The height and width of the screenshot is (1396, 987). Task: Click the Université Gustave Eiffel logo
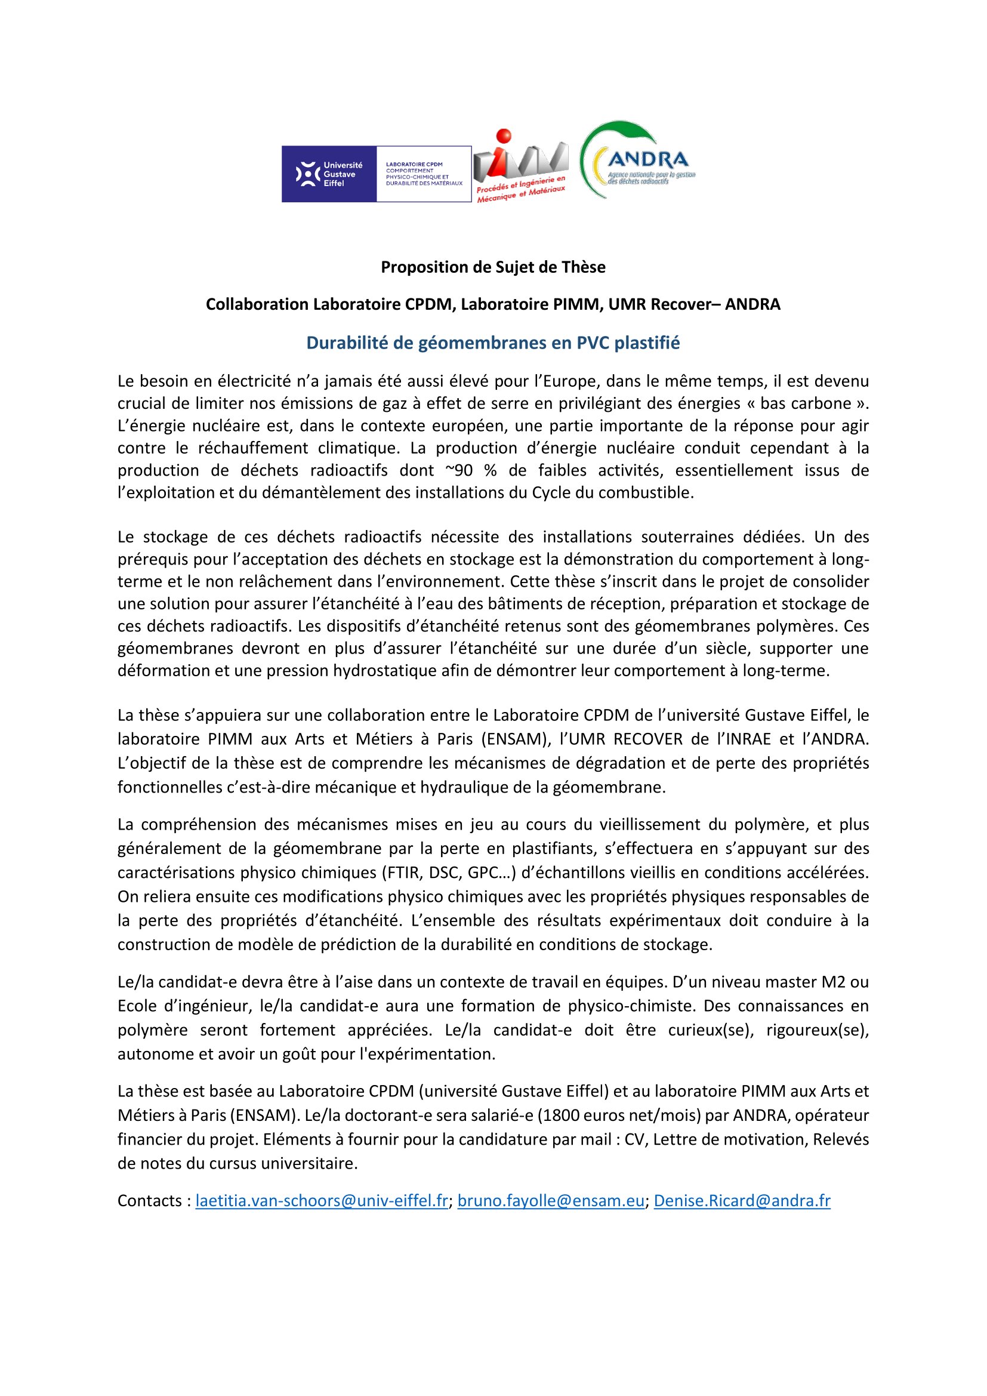329,174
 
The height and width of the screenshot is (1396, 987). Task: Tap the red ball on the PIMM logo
503,136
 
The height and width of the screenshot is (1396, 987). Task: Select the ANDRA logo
638,160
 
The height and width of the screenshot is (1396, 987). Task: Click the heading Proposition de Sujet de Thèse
493,267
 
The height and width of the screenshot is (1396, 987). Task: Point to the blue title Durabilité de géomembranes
493,343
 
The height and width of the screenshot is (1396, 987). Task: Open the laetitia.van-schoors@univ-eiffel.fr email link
322,1200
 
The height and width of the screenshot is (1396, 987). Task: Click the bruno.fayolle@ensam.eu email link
551,1200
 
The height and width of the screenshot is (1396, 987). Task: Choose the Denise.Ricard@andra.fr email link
742,1200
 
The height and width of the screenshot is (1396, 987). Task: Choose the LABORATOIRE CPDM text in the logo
414,164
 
